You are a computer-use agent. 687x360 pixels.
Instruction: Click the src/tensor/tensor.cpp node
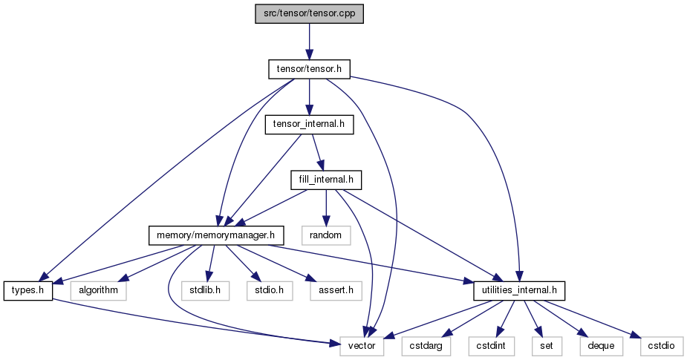(309, 14)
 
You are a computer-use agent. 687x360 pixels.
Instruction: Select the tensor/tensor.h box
(309, 69)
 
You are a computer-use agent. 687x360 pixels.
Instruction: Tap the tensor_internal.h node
(309, 125)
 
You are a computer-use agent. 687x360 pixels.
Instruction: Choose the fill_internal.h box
(326, 180)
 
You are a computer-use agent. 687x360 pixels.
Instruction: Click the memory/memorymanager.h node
(216, 235)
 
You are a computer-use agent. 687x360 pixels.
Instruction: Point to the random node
(326, 235)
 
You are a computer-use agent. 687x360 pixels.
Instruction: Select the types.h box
(28, 291)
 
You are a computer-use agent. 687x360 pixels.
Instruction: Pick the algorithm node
(99, 291)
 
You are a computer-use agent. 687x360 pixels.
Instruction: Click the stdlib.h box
(206, 291)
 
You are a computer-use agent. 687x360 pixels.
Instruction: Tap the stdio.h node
(270, 291)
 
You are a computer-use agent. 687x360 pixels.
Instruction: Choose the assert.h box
(336, 291)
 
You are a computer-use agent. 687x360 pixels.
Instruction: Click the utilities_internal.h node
(519, 291)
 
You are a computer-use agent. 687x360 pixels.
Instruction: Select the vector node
(362, 347)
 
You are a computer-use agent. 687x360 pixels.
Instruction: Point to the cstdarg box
(426, 347)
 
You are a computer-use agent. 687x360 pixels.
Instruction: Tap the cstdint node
(491, 347)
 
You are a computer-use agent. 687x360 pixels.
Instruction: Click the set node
(547, 347)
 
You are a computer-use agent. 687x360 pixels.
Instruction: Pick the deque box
(601, 347)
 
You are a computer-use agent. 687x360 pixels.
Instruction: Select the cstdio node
(662, 347)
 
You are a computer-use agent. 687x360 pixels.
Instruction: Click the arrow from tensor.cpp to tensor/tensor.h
(309, 42)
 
